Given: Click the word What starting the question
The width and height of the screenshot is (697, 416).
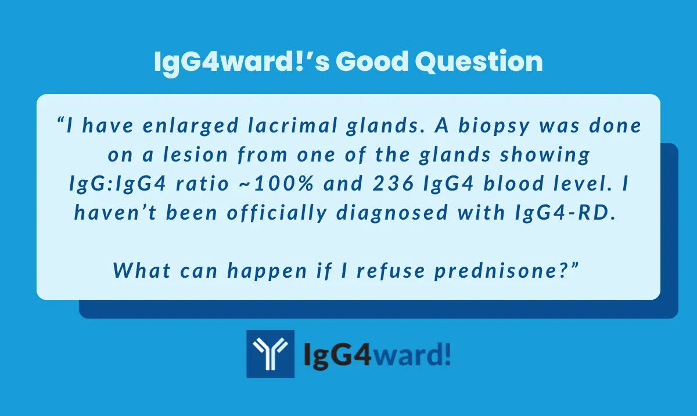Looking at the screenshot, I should click(x=142, y=271).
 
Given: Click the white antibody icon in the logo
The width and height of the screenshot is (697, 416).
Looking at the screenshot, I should click(x=270, y=354).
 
